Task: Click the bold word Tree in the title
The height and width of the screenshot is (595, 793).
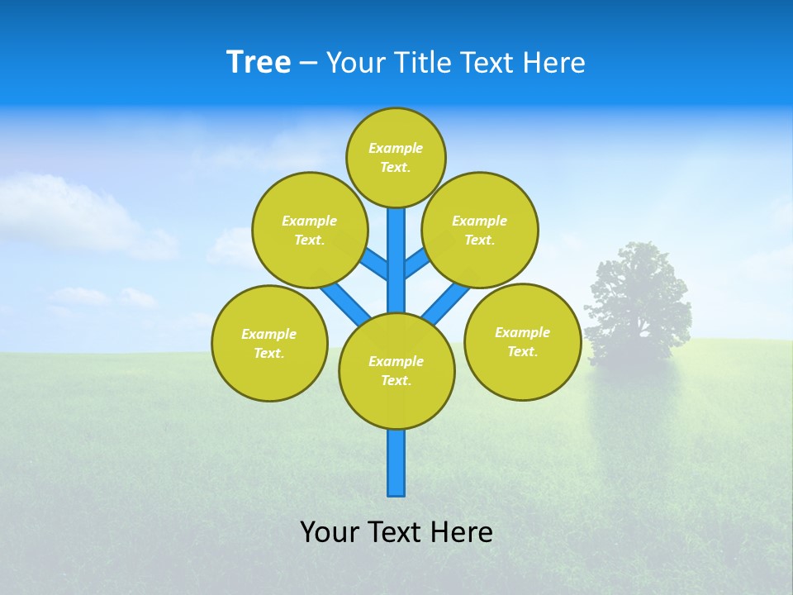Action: [259, 62]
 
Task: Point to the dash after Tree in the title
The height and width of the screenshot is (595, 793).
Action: [308, 64]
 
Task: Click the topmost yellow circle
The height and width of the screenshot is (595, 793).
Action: [396, 157]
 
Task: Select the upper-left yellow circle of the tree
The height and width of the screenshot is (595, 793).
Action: [309, 230]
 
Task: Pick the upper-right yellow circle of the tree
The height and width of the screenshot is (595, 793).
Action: [480, 230]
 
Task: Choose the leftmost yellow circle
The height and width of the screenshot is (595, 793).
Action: [269, 343]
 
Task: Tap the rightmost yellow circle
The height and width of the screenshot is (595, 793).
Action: [522, 341]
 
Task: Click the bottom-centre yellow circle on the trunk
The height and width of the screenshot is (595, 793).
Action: [396, 370]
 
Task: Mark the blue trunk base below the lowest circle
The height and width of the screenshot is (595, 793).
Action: [396, 463]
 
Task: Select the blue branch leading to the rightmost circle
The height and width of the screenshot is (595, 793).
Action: [446, 302]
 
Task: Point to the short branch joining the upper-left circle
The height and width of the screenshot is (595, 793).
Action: [375, 265]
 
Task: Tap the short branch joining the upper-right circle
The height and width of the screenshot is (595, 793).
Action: [416, 264]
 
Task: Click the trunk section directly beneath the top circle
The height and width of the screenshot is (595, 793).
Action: [396, 240]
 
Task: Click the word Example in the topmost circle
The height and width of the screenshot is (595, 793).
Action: [396, 148]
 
